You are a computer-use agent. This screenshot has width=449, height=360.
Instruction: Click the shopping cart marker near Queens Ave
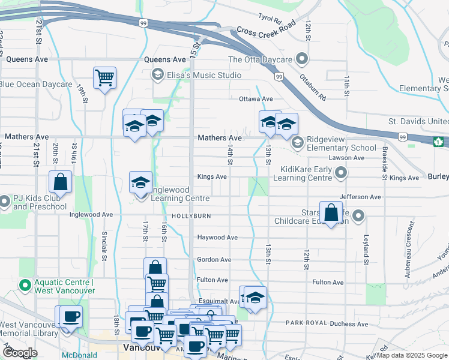104,77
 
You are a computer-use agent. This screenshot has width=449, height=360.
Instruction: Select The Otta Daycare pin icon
302,59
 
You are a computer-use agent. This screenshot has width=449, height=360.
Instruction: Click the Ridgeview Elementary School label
341,143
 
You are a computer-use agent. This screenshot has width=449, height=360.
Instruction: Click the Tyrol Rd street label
270,19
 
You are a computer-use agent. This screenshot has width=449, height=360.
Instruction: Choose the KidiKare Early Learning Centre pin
341,174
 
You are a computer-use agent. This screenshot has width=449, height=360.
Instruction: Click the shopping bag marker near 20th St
61,182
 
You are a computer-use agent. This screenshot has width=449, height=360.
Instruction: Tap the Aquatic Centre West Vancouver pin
25,283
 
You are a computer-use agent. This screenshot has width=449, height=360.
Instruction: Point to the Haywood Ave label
217,238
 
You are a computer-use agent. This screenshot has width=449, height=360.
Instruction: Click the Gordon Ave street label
214,260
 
